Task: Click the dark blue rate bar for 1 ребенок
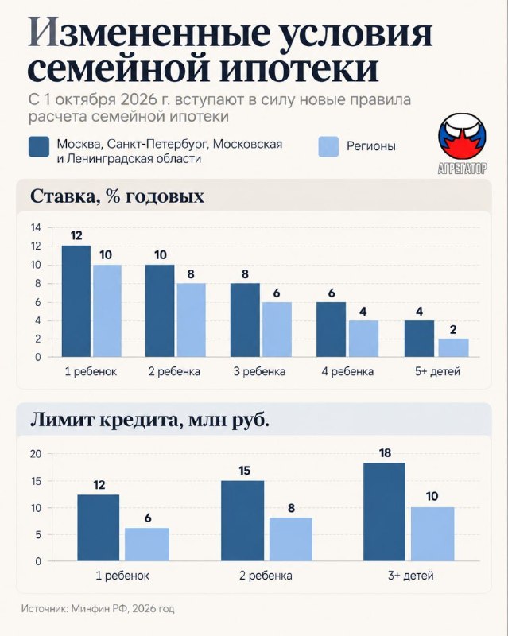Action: click(x=76, y=301)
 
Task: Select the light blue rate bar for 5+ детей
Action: click(x=454, y=348)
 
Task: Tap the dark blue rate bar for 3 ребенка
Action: click(x=245, y=320)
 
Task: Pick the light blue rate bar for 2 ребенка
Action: click(x=191, y=320)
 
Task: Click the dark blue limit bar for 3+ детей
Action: click(x=384, y=512)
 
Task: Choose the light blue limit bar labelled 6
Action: click(x=147, y=545)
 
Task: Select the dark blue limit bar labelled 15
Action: click(x=242, y=521)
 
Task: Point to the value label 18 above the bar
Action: click(x=385, y=452)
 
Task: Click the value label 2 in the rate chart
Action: click(x=453, y=330)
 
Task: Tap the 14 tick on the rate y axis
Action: click(x=36, y=227)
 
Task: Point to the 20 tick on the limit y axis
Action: click(x=36, y=454)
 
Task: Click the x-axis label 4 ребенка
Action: click(x=347, y=371)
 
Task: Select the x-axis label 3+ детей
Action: click(x=411, y=576)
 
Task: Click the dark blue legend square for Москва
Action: click(x=39, y=146)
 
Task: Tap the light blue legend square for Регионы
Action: click(x=328, y=146)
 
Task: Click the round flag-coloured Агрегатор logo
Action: click(x=462, y=136)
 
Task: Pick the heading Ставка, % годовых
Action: click(x=118, y=196)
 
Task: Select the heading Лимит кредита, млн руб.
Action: click(x=150, y=421)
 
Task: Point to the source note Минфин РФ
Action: click(x=99, y=609)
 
